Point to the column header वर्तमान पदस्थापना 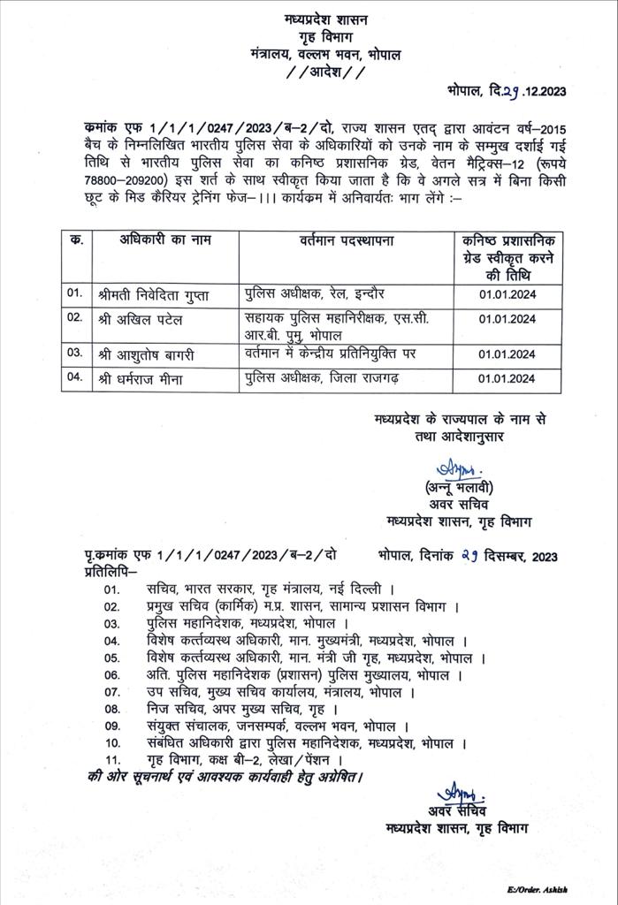coord(344,240)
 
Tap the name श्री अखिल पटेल coord(141,318)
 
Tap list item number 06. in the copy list coord(112,675)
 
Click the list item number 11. coord(112,759)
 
